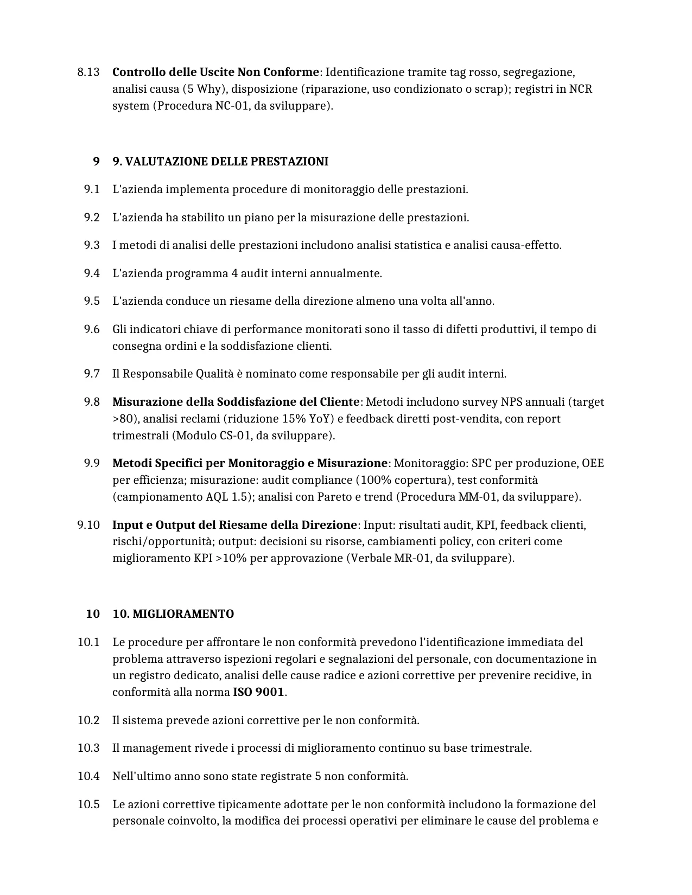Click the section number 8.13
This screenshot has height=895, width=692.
88,72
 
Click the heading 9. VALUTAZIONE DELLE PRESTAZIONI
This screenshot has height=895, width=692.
220,162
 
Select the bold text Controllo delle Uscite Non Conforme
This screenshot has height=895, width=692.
215,72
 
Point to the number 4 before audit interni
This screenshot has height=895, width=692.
234,273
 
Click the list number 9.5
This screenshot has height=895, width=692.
92,301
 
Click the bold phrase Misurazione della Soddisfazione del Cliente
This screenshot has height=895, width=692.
236,402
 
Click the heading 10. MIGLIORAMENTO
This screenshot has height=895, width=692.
173,614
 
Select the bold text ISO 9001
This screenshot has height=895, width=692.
258,692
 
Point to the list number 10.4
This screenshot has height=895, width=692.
88,776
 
